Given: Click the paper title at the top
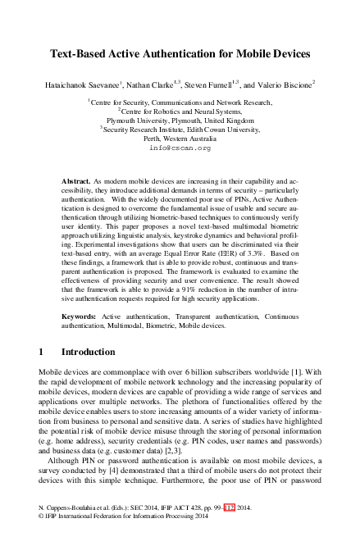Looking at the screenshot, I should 180,54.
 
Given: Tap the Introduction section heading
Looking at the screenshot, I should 88,352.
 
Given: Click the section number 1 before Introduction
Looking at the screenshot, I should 42,352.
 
